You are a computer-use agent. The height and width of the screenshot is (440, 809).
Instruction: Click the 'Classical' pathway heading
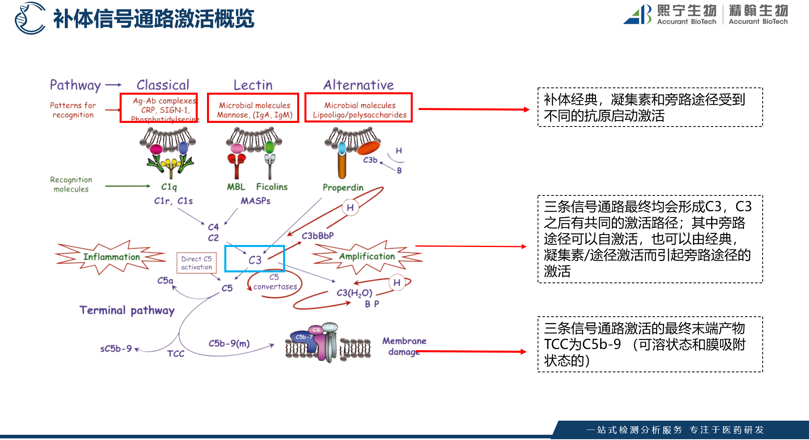coord(163,85)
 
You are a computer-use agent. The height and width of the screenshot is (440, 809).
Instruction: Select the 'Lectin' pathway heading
coord(253,85)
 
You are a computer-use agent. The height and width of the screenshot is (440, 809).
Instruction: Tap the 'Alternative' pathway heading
coord(358,85)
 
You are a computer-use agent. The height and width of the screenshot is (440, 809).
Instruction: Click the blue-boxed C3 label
coord(254,259)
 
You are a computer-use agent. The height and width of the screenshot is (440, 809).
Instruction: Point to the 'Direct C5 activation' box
coord(197,263)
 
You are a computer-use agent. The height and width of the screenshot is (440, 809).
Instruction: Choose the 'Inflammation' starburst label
coord(111,257)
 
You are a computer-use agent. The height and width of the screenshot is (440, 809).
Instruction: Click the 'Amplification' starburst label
coord(367,256)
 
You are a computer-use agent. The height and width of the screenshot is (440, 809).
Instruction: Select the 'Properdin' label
coord(343,187)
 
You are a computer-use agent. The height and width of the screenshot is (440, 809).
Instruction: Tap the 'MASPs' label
coord(255,201)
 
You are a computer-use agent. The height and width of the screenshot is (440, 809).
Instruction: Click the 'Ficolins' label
coord(272,187)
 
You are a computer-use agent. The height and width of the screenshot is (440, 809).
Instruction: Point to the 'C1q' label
coord(169,187)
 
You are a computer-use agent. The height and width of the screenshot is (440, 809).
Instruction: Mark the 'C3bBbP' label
coord(318,236)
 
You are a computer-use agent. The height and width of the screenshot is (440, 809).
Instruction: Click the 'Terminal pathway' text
coord(127,310)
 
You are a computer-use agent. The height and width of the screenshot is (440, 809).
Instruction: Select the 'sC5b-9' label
coord(116,349)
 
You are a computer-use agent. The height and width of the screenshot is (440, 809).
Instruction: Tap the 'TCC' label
coord(176,354)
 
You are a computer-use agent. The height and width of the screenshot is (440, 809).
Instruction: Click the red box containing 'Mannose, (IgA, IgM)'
coord(253,108)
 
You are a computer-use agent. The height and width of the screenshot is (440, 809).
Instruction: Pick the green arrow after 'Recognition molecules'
coord(128,186)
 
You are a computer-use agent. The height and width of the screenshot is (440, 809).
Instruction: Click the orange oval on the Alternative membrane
coord(368,148)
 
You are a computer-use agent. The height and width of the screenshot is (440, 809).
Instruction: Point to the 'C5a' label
coord(165,280)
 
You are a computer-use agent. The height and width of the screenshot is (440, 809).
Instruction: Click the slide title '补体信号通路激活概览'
coord(153,19)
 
